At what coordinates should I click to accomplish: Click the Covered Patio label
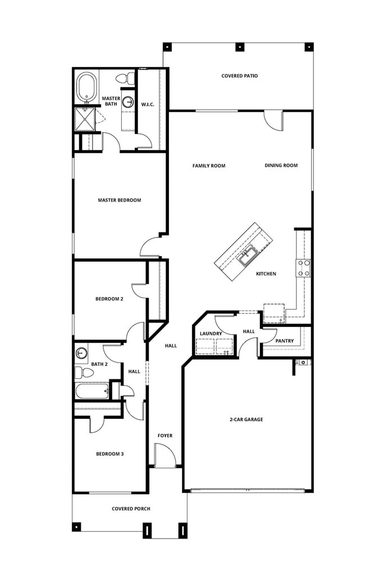239,75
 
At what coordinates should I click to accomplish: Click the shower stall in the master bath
86,119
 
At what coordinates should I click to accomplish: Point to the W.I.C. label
147,104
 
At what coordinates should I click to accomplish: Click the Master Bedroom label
119,200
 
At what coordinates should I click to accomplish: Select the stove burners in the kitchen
304,268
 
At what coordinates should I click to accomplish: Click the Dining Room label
281,165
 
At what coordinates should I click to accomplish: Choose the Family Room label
209,165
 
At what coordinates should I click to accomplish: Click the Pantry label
284,340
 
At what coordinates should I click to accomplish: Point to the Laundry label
211,333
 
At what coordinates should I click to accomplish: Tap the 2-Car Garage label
246,419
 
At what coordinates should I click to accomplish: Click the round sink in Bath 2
81,353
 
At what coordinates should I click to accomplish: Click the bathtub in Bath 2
92,391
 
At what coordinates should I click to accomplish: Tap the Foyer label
165,435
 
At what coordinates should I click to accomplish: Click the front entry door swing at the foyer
164,455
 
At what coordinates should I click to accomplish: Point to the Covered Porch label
131,509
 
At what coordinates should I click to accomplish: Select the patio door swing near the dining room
273,119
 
